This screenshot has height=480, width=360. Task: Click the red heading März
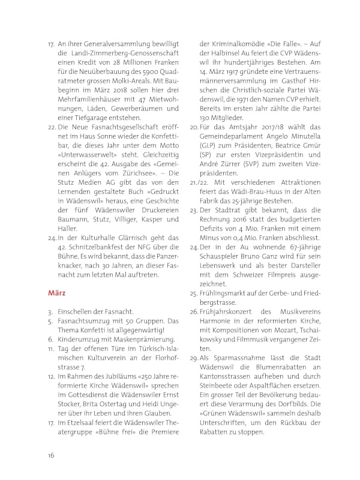(59, 294)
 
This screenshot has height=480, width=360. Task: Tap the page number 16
(52, 455)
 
